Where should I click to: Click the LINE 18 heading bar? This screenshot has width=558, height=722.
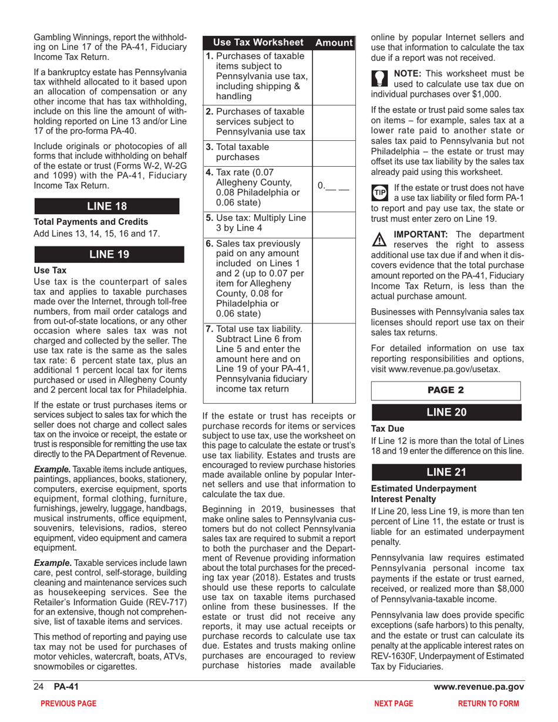pyautogui.click(x=107, y=206)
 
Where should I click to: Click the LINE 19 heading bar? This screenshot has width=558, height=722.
pyautogui.click(x=107, y=254)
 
